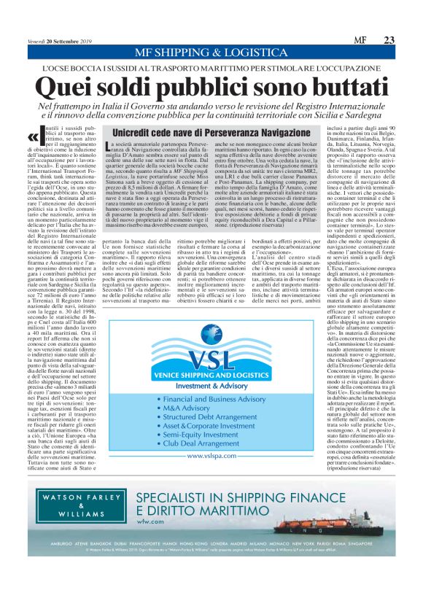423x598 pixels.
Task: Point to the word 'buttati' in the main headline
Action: (329, 88)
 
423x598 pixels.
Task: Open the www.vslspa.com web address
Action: (210, 476)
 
